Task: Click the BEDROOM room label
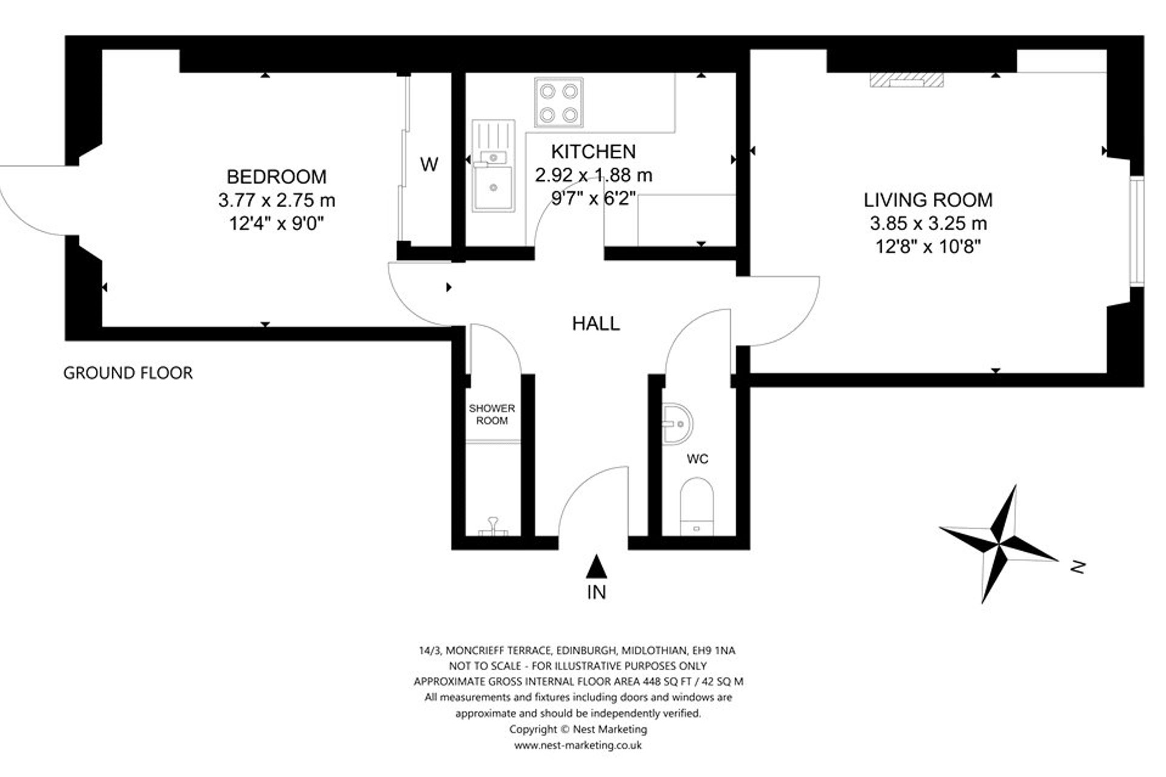[276, 177]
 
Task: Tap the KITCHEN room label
[593, 151]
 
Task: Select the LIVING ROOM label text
[928, 200]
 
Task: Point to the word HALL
[596, 324]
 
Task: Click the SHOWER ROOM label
[491, 415]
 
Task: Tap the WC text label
[697, 459]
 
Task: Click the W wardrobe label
[429, 164]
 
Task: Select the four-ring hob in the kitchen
[559, 102]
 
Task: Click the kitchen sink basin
[493, 188]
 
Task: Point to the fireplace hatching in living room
[906, 80]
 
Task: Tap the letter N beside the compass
[1078, 568]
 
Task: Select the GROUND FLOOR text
[128, 373]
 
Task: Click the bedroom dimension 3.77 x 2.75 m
[276, 200]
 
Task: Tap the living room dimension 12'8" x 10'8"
[928, 246]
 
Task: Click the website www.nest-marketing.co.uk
[578, 745]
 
